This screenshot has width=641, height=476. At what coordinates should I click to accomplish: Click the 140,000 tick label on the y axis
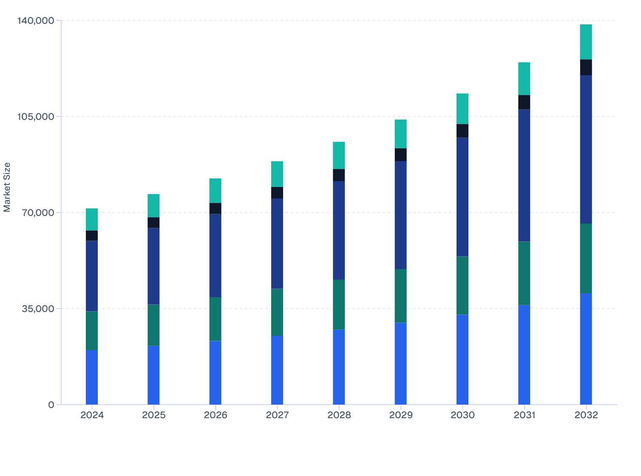click(x=36, y=20)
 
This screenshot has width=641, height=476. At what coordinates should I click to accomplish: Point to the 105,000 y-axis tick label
click(x=36, y=116)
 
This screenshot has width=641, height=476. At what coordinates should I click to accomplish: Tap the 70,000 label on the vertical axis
click(x=39, y=212)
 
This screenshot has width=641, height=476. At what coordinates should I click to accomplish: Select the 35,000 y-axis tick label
click(x=39, y=309)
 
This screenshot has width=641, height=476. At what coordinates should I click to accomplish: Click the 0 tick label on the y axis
click(x=51, y=405)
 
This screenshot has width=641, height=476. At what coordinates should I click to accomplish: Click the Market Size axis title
click(x=7, y=187)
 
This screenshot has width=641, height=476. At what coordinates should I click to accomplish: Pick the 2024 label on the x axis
click(x=92, y=415)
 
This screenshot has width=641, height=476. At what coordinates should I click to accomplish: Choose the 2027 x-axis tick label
click(x=277, y=415)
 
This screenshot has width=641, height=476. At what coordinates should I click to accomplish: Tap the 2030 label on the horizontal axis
click(x=462, y=415)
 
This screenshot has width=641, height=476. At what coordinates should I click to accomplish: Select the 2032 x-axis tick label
click(x=586, y=415)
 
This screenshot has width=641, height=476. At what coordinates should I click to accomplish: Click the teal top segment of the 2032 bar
click(x=586, y=42)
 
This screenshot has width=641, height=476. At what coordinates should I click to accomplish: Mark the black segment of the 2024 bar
click(x=92, y=235)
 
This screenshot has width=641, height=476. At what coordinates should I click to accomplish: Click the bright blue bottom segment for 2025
click(x=153, y=375)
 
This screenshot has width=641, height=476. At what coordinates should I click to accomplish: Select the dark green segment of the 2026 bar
click(x=215, y=319)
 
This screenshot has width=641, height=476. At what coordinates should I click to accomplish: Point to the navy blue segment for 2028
click(x=339, y=230)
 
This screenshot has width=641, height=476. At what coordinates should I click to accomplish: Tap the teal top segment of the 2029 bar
click(x=400, y=134)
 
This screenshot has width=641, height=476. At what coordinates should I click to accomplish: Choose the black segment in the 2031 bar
click(x=524, y=102)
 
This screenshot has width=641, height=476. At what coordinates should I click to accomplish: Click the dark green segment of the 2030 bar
click(x=462, y=285)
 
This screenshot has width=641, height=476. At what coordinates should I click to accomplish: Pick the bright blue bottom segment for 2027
click(x=277, y=370)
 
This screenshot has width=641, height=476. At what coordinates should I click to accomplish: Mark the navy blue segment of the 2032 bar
click(x=586, y=149)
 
